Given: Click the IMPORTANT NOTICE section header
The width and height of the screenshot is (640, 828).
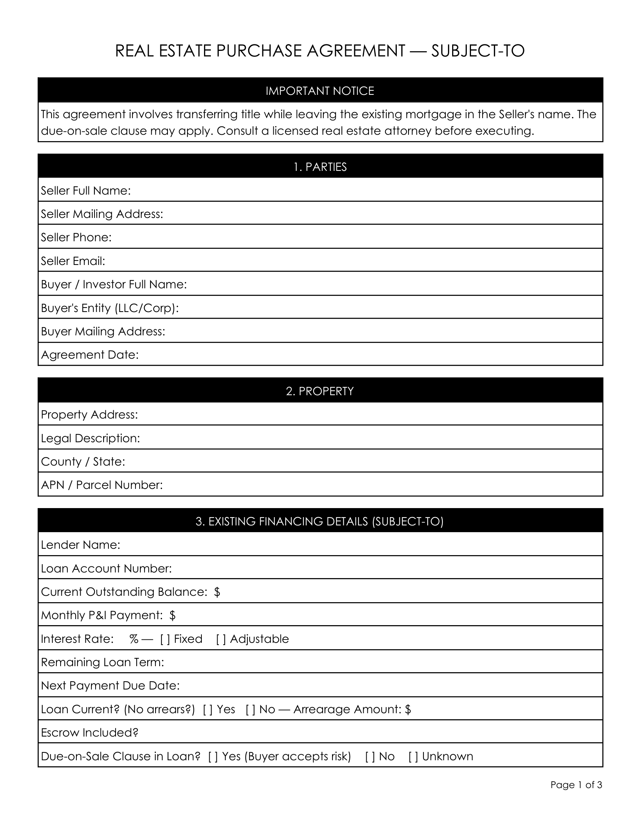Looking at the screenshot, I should (x=320, y=91).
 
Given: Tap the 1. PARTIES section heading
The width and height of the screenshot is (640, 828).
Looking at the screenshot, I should (x=320, y=167).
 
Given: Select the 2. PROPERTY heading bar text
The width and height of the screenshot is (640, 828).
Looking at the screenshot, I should (x=320, y=391).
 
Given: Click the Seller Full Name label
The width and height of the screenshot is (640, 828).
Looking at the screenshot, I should (x=86, y=191).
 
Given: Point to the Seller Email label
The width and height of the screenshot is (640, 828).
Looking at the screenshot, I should (x=73, y=261).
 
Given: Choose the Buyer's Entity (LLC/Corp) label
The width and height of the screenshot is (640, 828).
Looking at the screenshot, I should (x=110, y=308).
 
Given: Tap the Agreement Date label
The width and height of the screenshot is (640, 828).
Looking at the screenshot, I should (x=90, y=355).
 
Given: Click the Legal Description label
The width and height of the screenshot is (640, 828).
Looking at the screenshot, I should (x=90, y=438).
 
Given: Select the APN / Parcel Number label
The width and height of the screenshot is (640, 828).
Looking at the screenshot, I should (x=102, y=485).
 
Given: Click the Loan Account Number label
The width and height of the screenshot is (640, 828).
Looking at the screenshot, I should (x=106, y=569).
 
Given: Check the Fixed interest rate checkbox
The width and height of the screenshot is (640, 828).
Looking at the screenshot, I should (x=165, y=639).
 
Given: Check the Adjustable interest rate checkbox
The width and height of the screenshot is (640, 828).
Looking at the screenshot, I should (x=221, y=639).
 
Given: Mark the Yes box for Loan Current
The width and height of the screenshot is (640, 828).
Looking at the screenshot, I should (x=208, y=709).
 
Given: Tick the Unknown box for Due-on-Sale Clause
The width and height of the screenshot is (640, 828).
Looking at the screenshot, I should (x=413, y=756).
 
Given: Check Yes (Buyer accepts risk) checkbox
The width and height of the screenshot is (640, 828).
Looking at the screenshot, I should (x=213, y=756).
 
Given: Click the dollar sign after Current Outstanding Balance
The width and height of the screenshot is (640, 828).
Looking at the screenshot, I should (x=217, y=592).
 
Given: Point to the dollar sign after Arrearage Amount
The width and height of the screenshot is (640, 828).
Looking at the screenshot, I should (x=408, y=709).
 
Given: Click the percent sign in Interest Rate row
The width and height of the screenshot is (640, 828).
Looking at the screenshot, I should (x=134, y=639).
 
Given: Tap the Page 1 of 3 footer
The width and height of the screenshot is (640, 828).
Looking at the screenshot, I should (x=576, y=785).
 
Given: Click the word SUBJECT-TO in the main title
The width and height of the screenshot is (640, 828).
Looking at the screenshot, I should (x=478, y=51).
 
